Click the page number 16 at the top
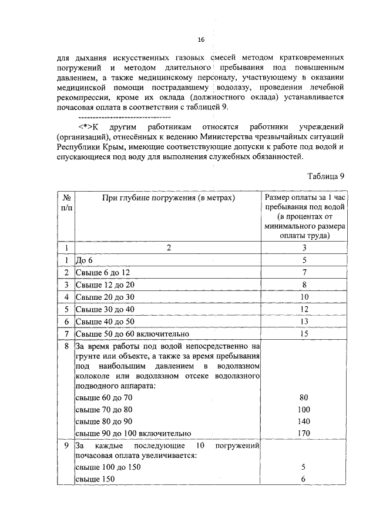click(200, 39)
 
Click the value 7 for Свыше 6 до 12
click(304, 272)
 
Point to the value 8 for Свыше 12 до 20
click(304, 285)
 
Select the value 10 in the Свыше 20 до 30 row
click(304, 297)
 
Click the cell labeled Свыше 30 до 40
click(105, 309)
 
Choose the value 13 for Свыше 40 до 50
click(304, 322)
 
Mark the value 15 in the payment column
click(304, 334)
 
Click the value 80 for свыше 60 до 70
click(304, 397)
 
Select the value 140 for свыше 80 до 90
click(304, 421)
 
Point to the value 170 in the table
click(304, 434)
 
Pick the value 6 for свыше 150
click(304, 480)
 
